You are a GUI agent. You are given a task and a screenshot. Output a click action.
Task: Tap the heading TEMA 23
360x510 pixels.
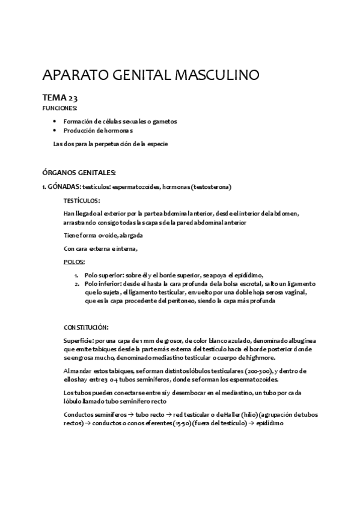60,98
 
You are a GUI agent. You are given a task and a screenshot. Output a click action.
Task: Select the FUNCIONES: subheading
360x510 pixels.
59,108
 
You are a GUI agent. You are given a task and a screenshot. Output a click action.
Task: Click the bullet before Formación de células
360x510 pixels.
55,121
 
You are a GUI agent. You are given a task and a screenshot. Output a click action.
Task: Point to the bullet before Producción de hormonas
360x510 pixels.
55,130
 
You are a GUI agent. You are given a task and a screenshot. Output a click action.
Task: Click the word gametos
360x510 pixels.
163,121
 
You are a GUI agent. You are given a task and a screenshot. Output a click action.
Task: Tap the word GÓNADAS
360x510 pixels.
63,186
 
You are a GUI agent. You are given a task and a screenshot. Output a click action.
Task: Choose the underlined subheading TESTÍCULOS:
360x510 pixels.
82,200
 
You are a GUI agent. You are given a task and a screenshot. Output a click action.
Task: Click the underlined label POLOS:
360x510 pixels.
74,262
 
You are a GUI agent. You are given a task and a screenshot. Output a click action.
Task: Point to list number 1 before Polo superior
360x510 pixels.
76,274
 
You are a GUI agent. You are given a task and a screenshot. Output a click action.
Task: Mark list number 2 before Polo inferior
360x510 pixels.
76,283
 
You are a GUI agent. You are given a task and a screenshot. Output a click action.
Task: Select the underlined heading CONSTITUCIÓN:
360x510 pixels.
86,327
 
